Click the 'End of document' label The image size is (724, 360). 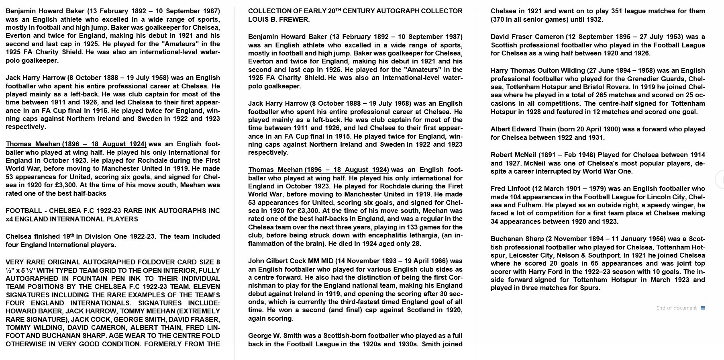coord(676,308)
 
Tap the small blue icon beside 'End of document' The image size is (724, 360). coord(703,308)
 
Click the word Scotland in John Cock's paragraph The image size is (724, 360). coord(420,310)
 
